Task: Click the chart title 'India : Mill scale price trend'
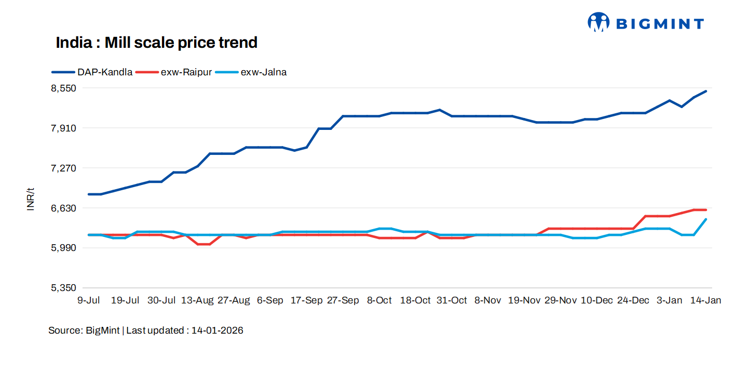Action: [156, 43]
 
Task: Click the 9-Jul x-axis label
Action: [88, 300]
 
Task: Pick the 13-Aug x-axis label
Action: [197, 300]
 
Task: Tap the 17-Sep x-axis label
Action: [306, 300]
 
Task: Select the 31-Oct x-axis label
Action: [451, 300]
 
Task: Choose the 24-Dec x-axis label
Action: [633, 300]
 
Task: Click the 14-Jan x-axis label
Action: [705, 300]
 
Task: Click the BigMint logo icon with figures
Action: [598, 22]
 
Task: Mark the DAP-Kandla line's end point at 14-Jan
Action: [706, 91]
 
